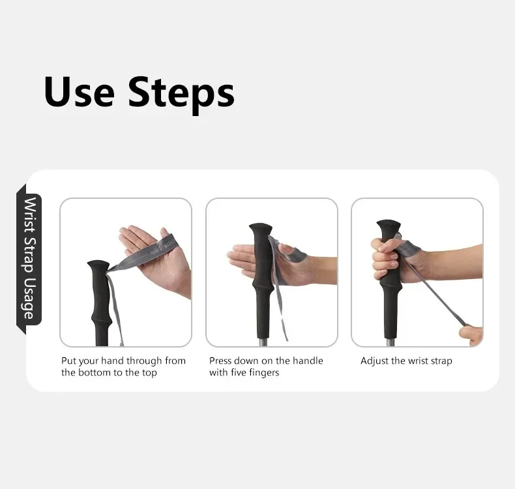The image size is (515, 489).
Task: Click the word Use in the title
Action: click(x=79, y=92)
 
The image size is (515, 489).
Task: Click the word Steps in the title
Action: click(x=181, y=95)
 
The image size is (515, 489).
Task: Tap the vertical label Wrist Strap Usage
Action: click(x=29, y=258)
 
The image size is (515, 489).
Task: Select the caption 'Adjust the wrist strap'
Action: click(x=406, y=361)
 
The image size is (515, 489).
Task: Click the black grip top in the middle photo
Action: click(x=261, y=229)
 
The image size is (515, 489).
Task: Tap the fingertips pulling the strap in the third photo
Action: click(x=470, y=335)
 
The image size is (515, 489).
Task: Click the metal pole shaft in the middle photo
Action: click(x=262, y=342)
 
